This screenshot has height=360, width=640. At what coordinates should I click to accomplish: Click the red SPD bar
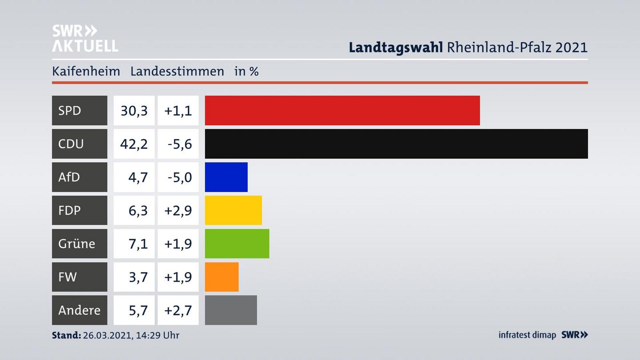pos(342,110)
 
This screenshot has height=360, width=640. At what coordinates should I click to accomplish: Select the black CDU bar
pos(396,144)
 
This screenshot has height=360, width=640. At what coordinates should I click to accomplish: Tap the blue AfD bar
pos(226,177)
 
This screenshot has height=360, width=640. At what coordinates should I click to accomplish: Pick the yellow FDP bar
pos(233,210)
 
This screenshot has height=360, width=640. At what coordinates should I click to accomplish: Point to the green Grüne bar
pos(237,244)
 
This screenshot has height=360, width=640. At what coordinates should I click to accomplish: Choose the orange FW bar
pos(221,277)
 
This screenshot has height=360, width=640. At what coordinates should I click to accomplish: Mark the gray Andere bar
pos(231,310)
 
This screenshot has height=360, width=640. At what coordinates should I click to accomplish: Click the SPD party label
pos(70,110)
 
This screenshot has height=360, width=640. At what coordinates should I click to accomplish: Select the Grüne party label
pos(76,244)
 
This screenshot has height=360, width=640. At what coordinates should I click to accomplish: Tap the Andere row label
pos(79,310)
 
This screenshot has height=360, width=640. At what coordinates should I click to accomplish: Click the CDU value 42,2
pos(134,144)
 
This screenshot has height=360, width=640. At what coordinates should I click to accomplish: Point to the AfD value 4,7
pos(138,177)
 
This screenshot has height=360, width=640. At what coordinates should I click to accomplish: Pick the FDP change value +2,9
pos(178,210)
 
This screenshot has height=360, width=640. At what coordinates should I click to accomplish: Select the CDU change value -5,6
pos(180,144)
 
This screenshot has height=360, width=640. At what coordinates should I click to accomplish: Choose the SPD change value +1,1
pos(178,110)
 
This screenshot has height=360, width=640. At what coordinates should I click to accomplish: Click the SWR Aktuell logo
pos(85,38)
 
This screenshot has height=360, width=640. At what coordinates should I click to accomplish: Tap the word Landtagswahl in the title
pos(395,47)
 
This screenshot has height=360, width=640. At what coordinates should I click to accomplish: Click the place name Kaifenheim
pos(86,71)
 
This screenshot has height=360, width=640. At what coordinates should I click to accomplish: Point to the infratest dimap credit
pos(527,335)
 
